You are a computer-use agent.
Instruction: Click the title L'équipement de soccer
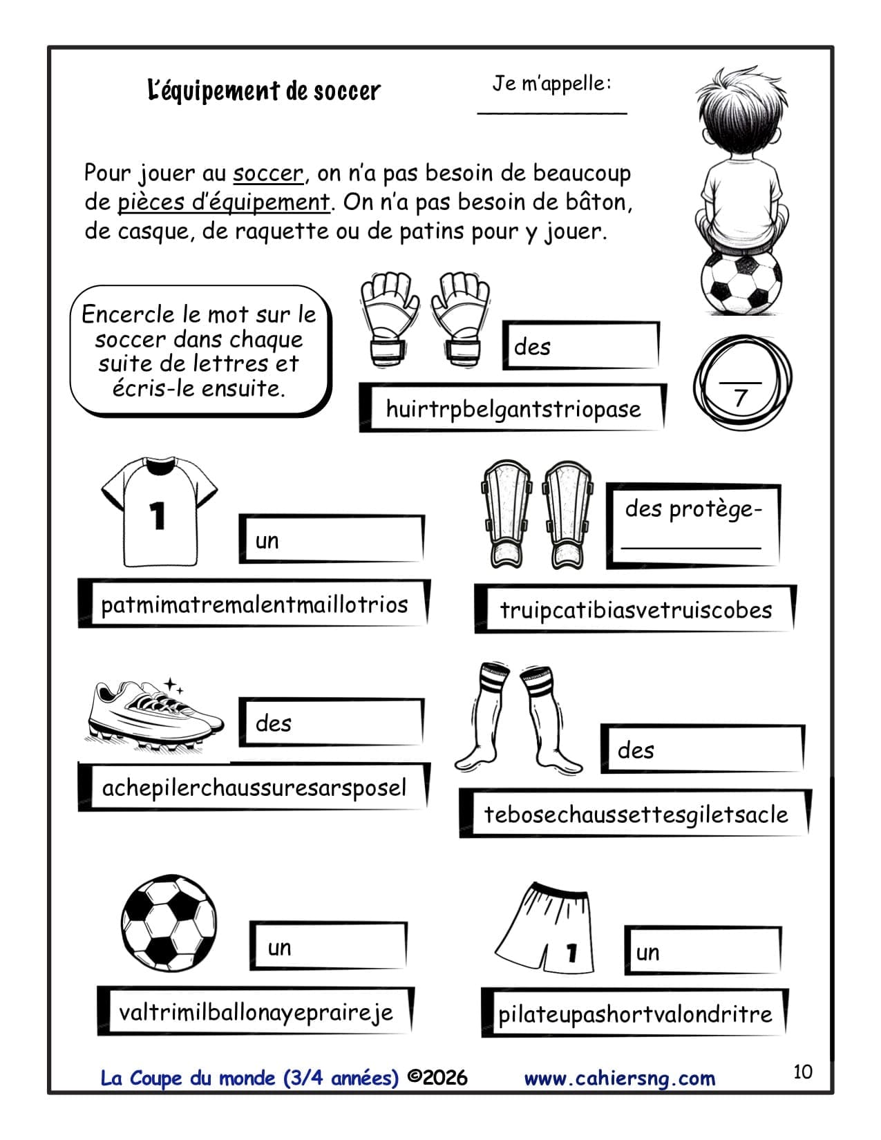(264, 91)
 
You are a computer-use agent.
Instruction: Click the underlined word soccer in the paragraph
(268, 173)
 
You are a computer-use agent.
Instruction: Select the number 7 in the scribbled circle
(741, 398)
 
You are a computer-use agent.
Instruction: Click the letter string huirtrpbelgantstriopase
(513, 408)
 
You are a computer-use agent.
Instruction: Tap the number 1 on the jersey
(158, 515)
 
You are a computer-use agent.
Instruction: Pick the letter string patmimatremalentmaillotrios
(254, 605)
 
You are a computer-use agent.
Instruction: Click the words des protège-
(693, 509)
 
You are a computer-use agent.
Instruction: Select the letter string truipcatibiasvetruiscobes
(635, 610)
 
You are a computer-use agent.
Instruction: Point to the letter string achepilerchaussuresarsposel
(254, 788)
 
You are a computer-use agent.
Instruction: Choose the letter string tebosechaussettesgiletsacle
(636, 814)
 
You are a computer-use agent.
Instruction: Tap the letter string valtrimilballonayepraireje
(256, 1012)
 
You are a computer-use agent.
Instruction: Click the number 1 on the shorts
(571, 953)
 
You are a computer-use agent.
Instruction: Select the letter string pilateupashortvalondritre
(635, 1014)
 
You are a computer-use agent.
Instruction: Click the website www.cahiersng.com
(619, 1078)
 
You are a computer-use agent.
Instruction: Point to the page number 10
(802, 1072)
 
